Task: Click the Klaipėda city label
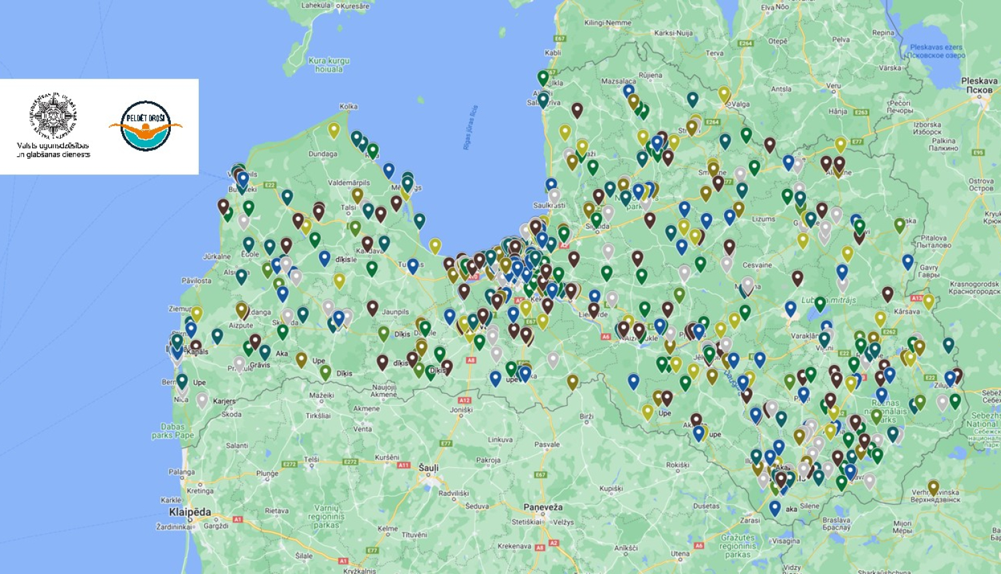click(190, 512)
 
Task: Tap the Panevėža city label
click(543, 507)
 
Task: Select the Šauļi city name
click(428, 468)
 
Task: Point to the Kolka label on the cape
click(348, 106)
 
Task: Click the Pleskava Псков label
click(979, 85)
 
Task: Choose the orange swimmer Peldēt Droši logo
click(145, 125)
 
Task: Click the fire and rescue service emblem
click(53, 116)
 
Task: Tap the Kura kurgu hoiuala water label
click(329, 65)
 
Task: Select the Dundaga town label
click(322, 154)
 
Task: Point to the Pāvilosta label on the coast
click(196, 280)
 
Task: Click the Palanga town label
click(182, 472)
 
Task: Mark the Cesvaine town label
click(757, 265)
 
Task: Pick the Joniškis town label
click(461, 410)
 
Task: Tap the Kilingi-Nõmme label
click(607, 23)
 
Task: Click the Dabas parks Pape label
click(172, 431)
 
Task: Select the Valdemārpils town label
click(349, 182)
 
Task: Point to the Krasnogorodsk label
click(974, 288)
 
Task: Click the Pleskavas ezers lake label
click(937, 51)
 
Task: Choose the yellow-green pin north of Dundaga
click(334, 129)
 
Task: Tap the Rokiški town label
click(677, 465)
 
